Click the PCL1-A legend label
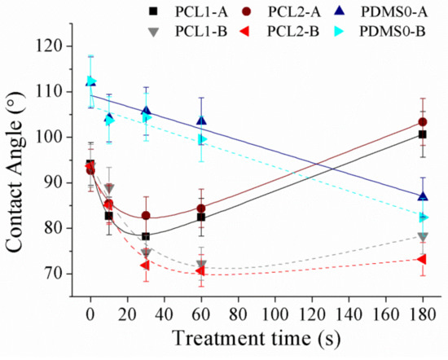pos(202,12)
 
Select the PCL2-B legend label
pos(293,31)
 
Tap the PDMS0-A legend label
pos(394,12)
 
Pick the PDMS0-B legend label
pos(393,31)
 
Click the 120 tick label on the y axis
pos(48,46)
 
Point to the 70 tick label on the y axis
pos(54,274)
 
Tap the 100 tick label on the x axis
pos(275,314)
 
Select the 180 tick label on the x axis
pos(423,314)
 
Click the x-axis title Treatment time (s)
pos(257,339)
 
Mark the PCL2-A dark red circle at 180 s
pos(423,122)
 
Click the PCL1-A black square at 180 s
pos(422,134)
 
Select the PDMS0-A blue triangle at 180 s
pos(423,196)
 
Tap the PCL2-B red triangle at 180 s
pos(422,260)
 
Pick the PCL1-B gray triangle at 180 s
pos(423,237)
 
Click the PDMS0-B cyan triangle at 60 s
pos(202,139)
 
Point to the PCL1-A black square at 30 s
pos(146,236)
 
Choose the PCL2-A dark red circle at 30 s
pos(146,215)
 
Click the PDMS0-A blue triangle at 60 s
pos(201,121)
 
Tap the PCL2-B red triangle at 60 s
pos(200,270)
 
